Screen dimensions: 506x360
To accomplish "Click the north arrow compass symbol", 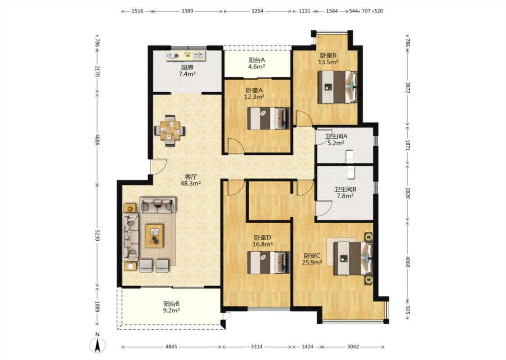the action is tap(97, 344).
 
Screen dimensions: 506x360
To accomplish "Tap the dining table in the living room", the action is tap(170, 130).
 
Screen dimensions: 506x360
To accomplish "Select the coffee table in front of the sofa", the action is tap(154, 236).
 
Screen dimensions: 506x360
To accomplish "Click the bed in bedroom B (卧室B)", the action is tap(337, 87).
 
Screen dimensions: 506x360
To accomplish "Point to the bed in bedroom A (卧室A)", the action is tap(269, 118).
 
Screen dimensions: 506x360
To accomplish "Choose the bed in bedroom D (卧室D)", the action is tap(269, 262).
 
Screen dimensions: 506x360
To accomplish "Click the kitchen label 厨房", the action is tap(187, 67).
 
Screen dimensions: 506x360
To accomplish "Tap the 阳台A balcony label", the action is tap(256, 60).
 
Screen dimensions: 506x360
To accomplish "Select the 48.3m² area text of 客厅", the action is tap(191, 184).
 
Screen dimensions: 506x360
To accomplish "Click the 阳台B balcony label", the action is tap(171, 304).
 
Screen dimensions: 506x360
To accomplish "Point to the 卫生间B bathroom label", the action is tap(345, 189).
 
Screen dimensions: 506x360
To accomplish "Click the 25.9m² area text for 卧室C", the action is tap(312, 262).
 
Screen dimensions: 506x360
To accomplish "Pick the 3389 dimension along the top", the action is tap(187, 11).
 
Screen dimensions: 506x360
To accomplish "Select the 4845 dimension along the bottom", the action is tap(171, 347).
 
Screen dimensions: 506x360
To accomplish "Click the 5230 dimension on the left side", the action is tap(98, 235).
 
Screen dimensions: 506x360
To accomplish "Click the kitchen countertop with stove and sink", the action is tap(186, 55).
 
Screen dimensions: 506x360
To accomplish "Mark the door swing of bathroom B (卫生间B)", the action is tap(324, 208).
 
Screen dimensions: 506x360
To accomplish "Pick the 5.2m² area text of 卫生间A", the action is tap(336, 143).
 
